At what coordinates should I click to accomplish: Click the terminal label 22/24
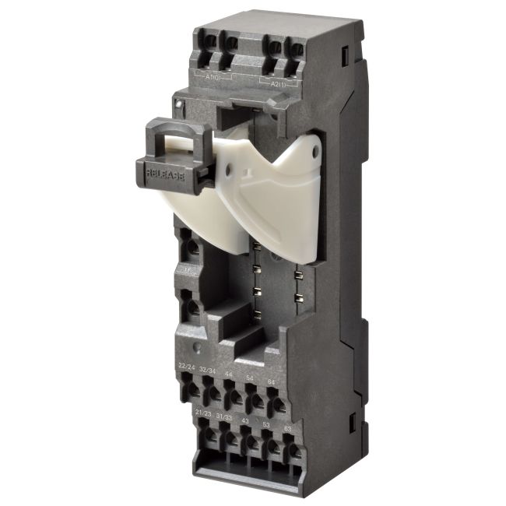tap(187, 366)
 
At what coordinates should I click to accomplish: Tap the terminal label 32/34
tap(209, 369)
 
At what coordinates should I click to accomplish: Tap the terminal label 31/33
tap(225, 416)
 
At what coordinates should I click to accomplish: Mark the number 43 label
tap(246, 420)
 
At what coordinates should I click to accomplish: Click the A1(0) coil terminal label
tap(213, 77)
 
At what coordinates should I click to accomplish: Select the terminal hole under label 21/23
tap(207, 433)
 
